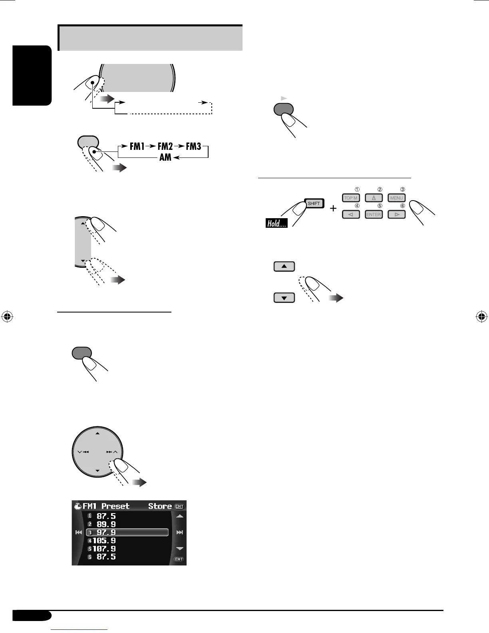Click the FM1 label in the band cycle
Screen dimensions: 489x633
point(137,147)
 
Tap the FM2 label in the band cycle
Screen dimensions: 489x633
point(165,147)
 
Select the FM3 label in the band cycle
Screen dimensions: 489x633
point(193,147)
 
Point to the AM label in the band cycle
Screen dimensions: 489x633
point(165,157)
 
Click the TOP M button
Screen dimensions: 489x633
point(351,198)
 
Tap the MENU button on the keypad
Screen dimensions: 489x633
point(396,198)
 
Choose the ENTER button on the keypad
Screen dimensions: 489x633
point(374,215)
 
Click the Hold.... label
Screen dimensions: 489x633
point(276,224)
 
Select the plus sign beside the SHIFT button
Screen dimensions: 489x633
point(333,208)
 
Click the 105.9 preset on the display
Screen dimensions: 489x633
point(104,541)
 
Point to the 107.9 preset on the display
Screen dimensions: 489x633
point(104,549)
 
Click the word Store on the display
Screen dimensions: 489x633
point(160,506)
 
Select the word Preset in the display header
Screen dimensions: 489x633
point(115,506)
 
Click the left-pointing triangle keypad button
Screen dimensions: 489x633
point(351,215)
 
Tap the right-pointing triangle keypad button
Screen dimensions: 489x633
point(396,215)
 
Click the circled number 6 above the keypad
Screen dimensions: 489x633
point(403,206)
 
